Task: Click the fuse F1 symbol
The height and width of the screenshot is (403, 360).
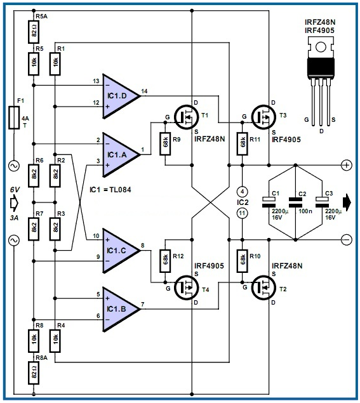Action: [14, 117]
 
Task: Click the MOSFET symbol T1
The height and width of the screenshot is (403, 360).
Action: [187, 117]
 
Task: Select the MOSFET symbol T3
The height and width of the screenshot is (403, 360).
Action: [264, 117]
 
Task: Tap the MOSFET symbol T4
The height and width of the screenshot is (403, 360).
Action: [187, 287]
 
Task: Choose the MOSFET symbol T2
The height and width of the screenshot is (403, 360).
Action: [264, 287]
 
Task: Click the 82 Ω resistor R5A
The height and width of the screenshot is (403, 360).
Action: [34, 32]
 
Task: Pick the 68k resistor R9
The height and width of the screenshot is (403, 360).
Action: [165, 143]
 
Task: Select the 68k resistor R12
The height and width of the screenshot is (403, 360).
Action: [165, 261]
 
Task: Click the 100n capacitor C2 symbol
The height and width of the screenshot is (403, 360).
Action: [295, 202]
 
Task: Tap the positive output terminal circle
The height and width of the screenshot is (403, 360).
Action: [347, 165]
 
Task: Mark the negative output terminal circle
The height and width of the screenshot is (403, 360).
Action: [347, 239]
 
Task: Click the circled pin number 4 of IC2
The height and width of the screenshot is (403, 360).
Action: [242, 192]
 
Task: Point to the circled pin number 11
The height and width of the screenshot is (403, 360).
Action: [242, 213]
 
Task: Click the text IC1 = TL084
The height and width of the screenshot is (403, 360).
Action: [110, 190]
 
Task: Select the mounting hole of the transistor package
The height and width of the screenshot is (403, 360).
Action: [321, 47]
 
